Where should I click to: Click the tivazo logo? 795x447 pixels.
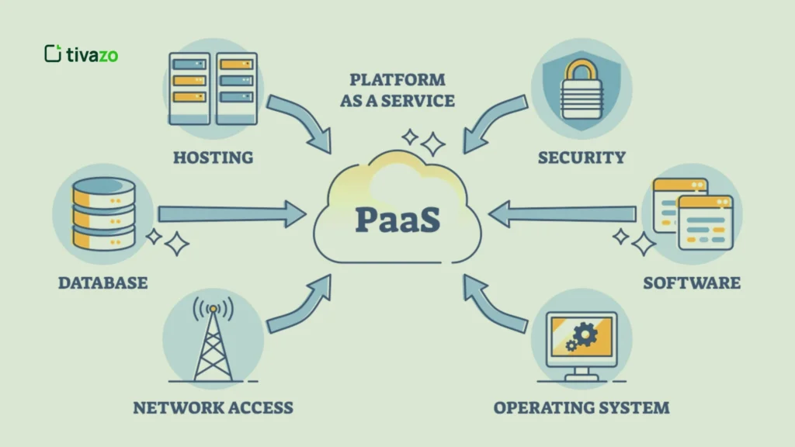(x=81, y=54)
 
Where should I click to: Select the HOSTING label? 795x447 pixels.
(x=213, y=158)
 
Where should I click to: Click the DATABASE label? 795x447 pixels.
(x=102, y=282)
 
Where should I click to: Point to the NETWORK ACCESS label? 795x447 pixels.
(x=213, y=407)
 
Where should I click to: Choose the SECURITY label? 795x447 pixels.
(x=581, y=158)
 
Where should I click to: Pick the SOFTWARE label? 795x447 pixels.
(x=691, y=282)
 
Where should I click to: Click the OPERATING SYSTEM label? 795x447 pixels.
(x=581, y=407)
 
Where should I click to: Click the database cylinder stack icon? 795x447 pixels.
(x=102, y=213)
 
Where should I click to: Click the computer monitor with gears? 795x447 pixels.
(x=581, y=342)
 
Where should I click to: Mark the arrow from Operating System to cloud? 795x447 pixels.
(x=494, y=306)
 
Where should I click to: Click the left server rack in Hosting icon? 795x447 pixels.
(x=189, y=87)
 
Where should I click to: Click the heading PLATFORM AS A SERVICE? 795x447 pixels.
(x=397, y=90)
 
